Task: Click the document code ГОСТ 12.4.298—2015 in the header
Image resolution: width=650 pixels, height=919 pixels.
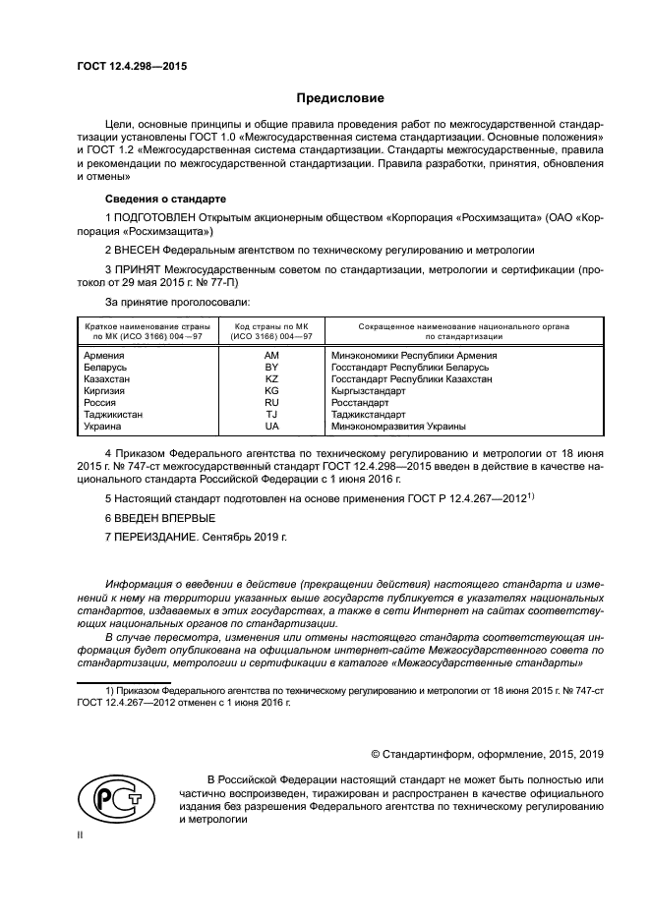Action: (131, 66)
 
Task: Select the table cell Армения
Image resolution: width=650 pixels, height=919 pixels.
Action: (104, 355)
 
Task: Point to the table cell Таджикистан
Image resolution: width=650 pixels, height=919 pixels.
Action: (113, 415)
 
